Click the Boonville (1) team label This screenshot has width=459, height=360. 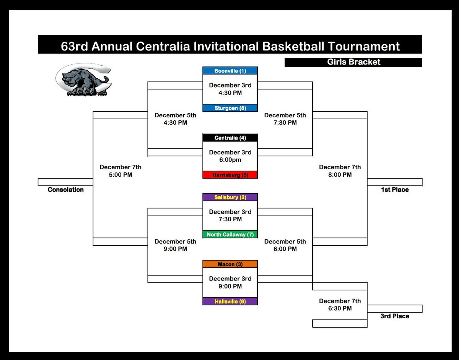pos(230,71)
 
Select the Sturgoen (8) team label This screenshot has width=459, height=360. pos(230,108)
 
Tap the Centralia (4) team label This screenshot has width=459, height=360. pos(230,138)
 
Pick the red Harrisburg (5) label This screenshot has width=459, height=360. pos(230,175)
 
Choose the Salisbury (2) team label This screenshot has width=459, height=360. pos(230,197)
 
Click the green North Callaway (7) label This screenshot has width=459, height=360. pos(230,235)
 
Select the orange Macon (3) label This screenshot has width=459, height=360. pos(230,264)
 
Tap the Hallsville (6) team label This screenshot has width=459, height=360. pos(230,302)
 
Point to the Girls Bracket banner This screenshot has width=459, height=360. pos(353,62)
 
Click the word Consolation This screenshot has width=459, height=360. pos(65,190)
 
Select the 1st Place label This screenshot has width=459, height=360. pos(394,190)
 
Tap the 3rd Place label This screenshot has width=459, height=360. pos(394,316)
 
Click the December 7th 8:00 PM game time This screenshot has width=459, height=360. pos(340,171)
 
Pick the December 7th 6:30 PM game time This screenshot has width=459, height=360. pos(340,305)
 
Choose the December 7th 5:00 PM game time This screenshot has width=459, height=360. pos(120,171)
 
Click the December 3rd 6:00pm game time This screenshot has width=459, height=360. pos(230,156)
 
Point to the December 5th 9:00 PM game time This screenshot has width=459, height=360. pos(175,245)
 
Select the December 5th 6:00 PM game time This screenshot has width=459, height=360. pos(285,245)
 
